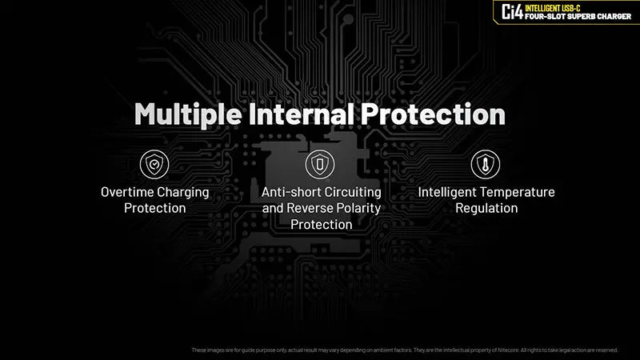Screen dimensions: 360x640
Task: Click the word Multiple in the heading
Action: point(187,114)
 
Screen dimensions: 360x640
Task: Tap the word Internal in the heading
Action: point(303,114)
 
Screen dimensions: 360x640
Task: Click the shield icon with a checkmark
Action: point(154,164)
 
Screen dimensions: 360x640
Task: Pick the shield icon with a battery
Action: point(321,164)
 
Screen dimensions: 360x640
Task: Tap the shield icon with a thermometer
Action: point(486,164)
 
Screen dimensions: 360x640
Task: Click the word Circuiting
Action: point(353,192)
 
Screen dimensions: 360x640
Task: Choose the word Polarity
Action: point(358,208)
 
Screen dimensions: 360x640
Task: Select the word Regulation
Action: point(486,208)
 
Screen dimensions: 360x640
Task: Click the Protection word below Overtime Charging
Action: point(154,208)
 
